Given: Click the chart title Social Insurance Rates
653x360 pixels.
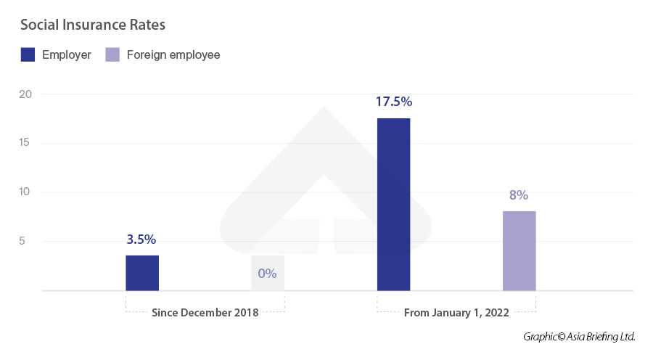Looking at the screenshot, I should click(x=93, y=25).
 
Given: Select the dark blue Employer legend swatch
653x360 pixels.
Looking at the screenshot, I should click(x=28, y=54).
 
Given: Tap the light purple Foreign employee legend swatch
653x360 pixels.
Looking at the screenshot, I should click(x=112, y=54).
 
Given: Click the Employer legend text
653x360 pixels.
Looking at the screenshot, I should click(x=67, y=54).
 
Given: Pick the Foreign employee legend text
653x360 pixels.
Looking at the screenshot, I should click(x=173, y=54).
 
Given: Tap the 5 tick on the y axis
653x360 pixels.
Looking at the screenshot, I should click(x=22, y=241).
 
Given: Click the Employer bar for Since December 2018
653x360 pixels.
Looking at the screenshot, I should click(x=142, y=273).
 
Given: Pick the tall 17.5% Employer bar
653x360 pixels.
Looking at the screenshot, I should click(x=393, y=204).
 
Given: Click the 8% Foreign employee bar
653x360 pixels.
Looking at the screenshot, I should click(x=519, y=250).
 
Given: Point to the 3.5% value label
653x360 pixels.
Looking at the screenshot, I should click(x=142, y=240).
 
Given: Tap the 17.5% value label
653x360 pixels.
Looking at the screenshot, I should click(x=393, y=102).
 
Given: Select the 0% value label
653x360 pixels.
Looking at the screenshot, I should click(x=267, y=274).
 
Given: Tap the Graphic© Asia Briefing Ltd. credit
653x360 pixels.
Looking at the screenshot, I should click(x=579, y=337).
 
